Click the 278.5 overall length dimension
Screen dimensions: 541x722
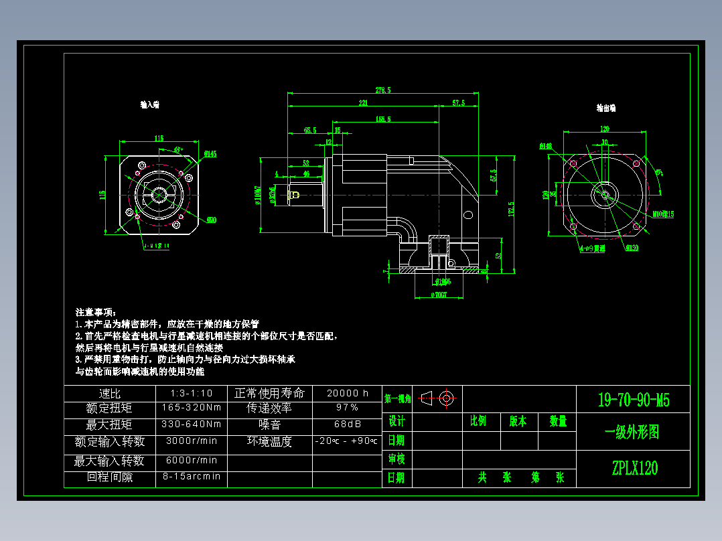click(383, 90)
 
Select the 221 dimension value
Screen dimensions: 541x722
click(364, 103)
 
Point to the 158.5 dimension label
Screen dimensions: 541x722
click(383, 119)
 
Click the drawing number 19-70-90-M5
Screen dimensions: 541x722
click(634, 400)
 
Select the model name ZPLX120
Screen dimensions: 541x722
click(634, 468)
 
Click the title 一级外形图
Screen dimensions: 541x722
click(634, 433)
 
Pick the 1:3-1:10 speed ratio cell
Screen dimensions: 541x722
click(192, 393)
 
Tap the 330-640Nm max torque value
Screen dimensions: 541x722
click(192, 424)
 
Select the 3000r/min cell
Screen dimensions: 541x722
click(192, 441)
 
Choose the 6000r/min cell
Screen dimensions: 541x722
click(192, 460)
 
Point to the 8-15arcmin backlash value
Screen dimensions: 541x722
click(192, 476)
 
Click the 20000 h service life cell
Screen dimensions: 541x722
click(347, 393)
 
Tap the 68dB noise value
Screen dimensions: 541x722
click(347, 424)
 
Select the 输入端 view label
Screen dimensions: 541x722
click(149, 105)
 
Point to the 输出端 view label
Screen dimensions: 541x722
click(606, 107)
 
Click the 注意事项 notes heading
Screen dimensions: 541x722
click(96, 313)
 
